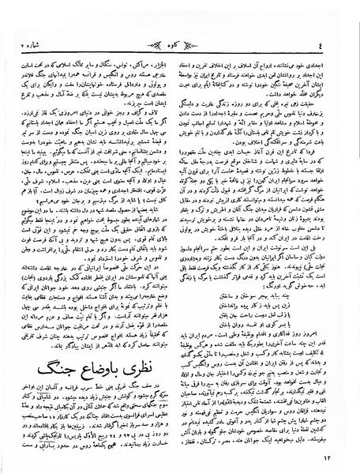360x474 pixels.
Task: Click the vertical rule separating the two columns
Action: (x=179, y=237)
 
